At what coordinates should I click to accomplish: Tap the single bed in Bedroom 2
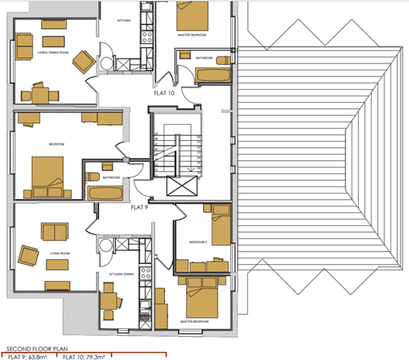click(x=221, y=225)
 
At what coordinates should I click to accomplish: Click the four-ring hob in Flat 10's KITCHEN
click(x=146, y=35)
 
